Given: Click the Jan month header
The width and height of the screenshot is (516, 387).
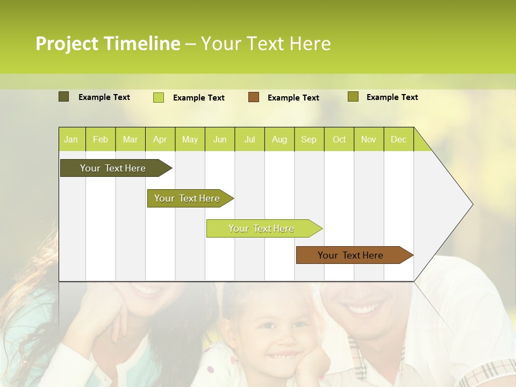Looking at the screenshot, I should [71, 139].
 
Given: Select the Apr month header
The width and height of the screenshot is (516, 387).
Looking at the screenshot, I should [160, 139].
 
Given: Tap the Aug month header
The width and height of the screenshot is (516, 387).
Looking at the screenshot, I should [279, 139].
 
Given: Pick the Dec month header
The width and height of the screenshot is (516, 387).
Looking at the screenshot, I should [398, 139].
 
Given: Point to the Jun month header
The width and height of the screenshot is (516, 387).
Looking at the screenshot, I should [219, 139].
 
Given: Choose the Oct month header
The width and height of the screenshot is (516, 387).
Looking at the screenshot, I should [339, 139].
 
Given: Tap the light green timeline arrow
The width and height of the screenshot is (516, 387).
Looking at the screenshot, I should [262, 228].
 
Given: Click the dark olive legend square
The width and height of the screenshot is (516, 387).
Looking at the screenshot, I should [63, 97].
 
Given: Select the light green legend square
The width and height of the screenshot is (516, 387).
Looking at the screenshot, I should [158, 97].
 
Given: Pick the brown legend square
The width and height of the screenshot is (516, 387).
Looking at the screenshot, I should [253, 97].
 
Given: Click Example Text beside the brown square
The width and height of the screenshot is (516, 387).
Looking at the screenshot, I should [293, 98].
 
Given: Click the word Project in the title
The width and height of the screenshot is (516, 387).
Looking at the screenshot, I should [67, 44].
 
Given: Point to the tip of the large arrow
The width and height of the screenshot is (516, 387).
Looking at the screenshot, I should [472, 204].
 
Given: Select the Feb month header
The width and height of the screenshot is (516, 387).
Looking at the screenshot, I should [101, 139].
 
